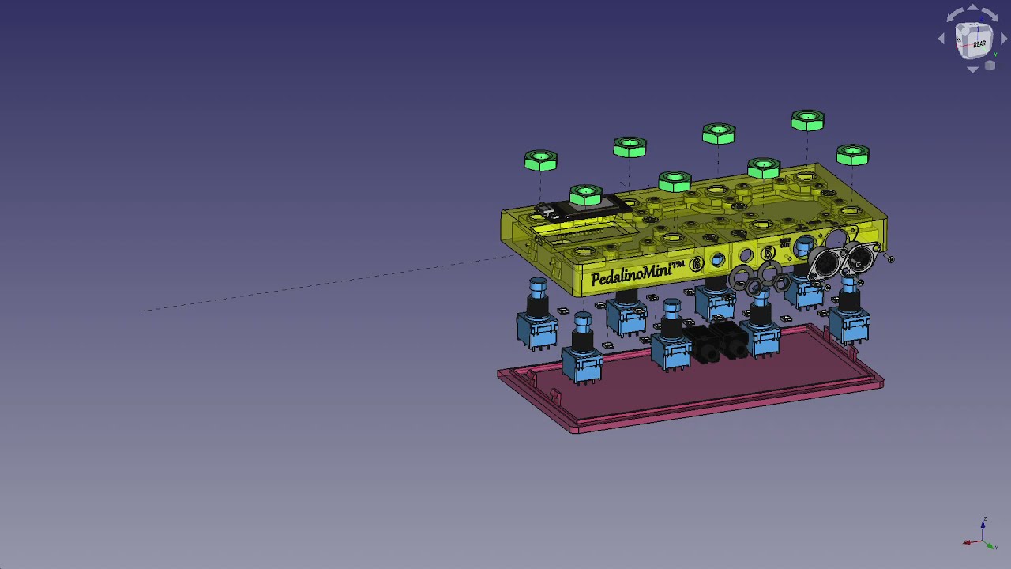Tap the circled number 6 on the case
tap(696, 264)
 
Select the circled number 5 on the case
tap(768, 253)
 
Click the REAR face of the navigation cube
tap(979, 44)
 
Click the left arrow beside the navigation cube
tap(941, 39)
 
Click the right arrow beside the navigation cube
tap(1004, 39)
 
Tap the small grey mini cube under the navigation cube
tap(990, 66)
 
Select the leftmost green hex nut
tap(541, 161)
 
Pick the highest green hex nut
tap(807, 121)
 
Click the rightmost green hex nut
tap(852, 155)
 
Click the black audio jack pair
tap(717, 341)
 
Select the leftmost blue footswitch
tap(537, 316)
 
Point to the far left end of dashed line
tap(145, 311)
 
